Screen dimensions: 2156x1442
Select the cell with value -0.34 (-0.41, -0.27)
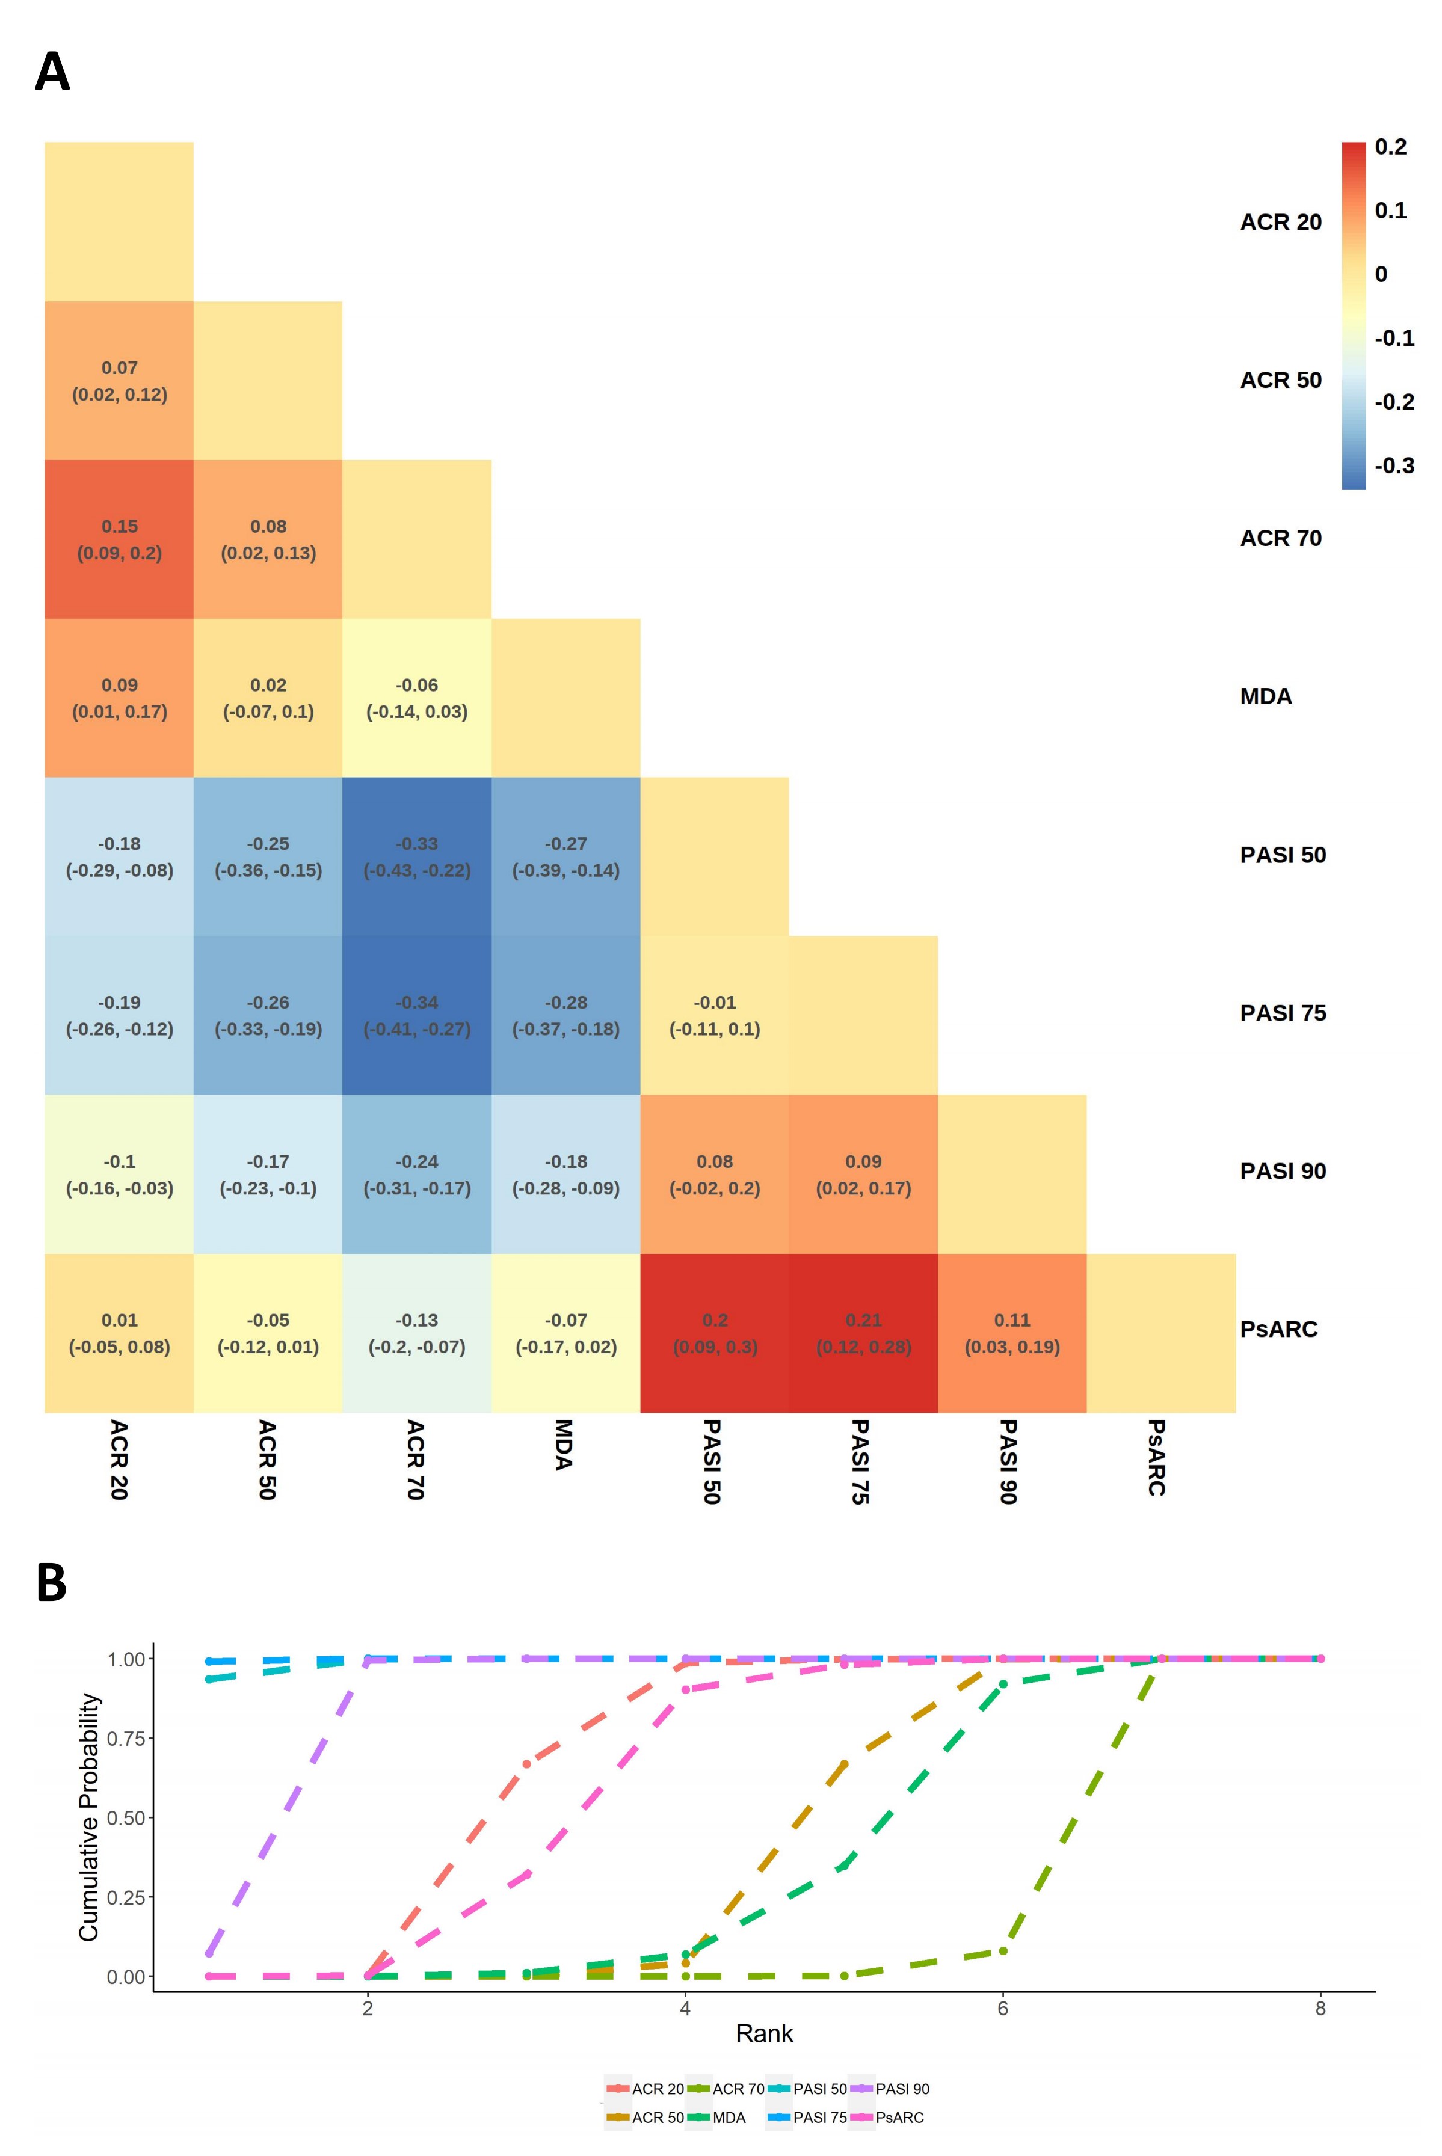pyautogui.click(x=417, y=1015)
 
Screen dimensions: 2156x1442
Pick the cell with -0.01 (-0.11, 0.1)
pyautogui.click(x=715, y=1015)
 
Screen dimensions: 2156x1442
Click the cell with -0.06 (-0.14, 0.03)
pyautogui.click(x=417, y=698)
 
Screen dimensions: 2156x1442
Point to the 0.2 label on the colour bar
pyautogui.click(x=1390, y=147)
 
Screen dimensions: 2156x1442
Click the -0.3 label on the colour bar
pyautogui.click(x=1394, y=465)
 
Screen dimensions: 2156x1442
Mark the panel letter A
pyautogui.click(x=52, y=71)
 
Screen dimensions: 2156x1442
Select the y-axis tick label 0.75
pyautogui.click(x=125, y=1737)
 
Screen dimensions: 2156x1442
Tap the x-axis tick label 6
pyautogui.click(x=1002, y=2008)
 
